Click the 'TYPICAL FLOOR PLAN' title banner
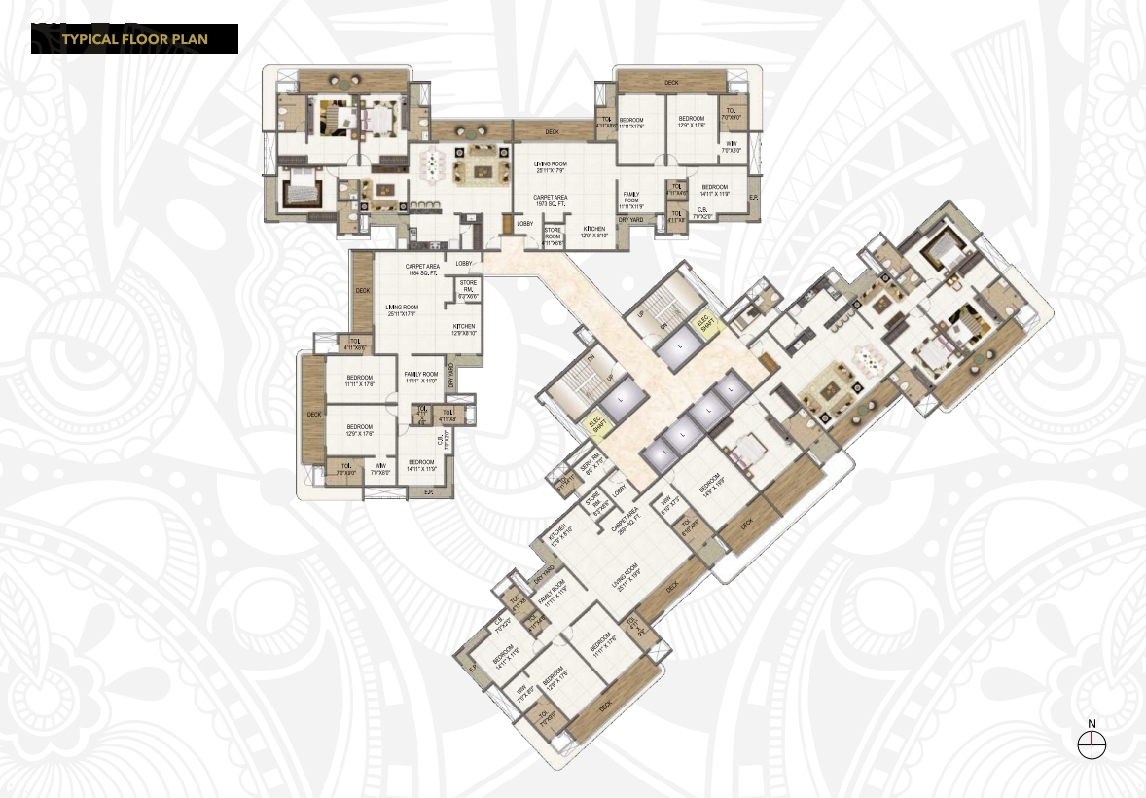134,39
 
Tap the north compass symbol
1093,744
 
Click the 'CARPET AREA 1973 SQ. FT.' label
551,200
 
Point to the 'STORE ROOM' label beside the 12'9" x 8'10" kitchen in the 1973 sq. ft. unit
553,235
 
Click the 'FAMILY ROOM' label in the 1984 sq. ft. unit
424,377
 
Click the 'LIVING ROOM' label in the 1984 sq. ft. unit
402,310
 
